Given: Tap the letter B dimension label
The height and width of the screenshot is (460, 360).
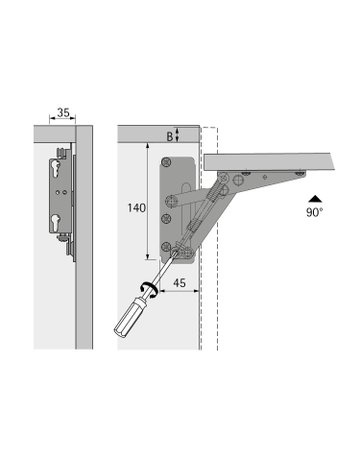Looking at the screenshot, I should click(167, 135).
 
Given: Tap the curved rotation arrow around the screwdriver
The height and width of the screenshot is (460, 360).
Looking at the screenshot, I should click(151, 289).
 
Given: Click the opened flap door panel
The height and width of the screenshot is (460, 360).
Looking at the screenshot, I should click(270, 157).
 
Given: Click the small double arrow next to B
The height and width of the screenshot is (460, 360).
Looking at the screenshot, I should click(178, 135).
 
